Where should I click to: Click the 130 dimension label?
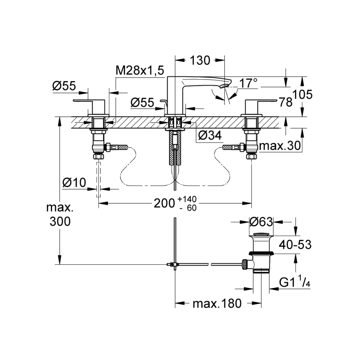tap(200, 61)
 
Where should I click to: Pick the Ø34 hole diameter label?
tap(210, 135)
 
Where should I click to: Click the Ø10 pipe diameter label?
tap(74, 183)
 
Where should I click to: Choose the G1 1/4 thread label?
tap(295, 282)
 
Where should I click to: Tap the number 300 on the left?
tap(60, 221)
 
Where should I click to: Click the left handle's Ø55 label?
tap(64, 85)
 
